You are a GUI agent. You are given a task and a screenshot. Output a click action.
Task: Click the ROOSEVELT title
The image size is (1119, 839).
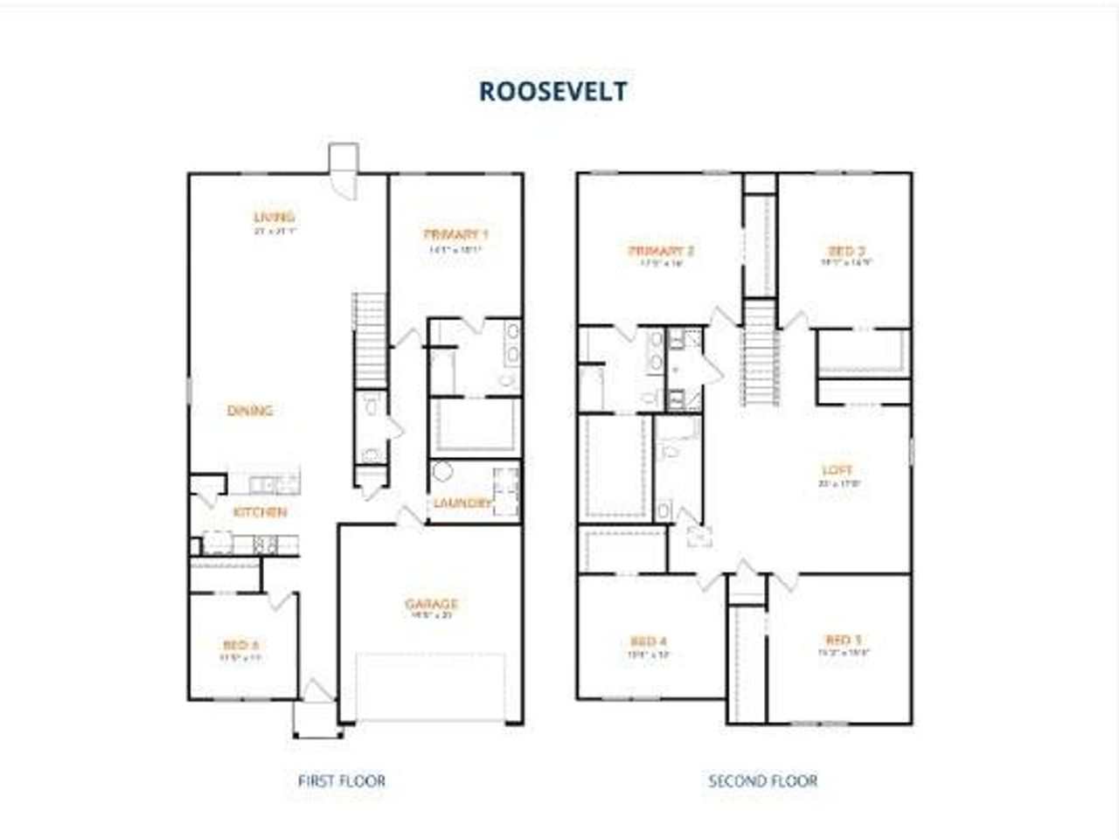(x=553, y=92)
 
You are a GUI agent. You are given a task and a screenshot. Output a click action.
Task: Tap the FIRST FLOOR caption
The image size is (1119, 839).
(x=341, y=780)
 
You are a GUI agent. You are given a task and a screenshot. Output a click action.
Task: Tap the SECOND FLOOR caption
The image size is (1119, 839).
(x=762, y=780)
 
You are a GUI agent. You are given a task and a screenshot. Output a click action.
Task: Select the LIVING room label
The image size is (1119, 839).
(x=274, y=217)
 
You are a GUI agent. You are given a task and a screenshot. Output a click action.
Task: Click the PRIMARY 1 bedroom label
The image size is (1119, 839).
(x=455, y=234)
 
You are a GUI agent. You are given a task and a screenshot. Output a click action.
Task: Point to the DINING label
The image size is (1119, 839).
(x=250, y=410)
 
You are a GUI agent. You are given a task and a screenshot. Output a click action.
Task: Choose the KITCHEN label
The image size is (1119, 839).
(x=260, y=512)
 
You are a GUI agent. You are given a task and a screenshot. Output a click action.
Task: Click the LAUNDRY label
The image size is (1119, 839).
(x=462, y=503)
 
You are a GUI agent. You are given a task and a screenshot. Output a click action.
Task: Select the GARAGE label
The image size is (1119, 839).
(x=431, y=604)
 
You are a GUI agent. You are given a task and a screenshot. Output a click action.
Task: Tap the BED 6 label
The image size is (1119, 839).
(x=240, y=645)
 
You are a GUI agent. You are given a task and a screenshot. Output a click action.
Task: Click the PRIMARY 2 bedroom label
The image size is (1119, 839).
(x=661, y=252)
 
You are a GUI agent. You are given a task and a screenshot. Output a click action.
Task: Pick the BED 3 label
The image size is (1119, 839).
(x=846, y=251)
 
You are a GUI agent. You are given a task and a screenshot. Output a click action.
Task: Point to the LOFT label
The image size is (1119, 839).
(x=836, y=470)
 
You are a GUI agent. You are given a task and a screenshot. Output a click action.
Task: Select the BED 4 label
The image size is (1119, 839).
(x=649, y=641)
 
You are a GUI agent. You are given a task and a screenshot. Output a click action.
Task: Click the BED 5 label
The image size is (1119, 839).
(x=844, y=640)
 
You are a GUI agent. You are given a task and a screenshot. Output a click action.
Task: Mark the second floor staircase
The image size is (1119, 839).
(x=761, y=354)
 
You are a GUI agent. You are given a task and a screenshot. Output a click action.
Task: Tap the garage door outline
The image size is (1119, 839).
(x=430, y=687)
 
